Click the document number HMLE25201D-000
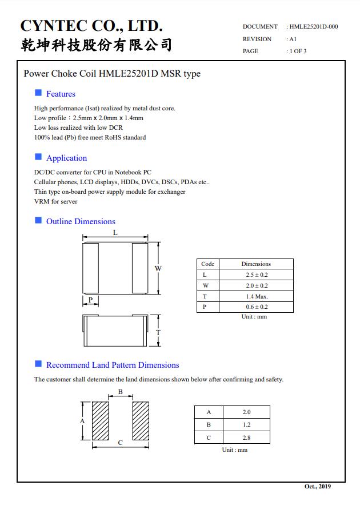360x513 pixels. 313,26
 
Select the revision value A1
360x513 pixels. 292,39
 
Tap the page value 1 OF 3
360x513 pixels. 297,51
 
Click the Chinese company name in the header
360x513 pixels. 96,45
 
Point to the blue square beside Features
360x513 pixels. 38,93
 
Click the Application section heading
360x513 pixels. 66,158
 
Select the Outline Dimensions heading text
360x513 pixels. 81,221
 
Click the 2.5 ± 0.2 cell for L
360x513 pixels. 256,275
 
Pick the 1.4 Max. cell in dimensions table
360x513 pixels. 256,296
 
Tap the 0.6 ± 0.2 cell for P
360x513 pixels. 256,307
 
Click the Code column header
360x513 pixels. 208,264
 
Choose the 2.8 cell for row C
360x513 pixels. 246,438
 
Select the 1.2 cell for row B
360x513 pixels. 246,425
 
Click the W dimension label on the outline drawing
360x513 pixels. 158,268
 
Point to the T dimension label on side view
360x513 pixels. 158,332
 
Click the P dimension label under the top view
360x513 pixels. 90,300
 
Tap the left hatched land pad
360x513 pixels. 101,420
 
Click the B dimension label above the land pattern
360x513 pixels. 121,392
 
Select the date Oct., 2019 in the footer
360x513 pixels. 317,486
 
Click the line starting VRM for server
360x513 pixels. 55,201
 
